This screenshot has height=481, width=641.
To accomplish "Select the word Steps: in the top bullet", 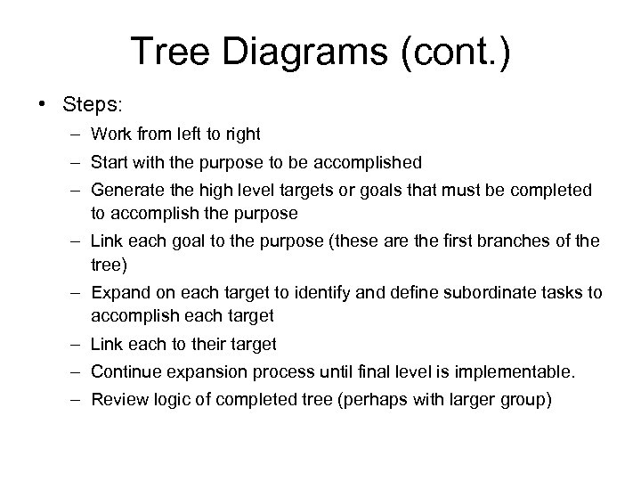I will click(91, 104).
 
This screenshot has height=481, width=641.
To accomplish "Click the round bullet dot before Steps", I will click(45, 104).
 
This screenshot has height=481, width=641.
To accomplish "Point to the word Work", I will click(109, 135).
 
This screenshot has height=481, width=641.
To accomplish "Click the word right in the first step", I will click(242, 135).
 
